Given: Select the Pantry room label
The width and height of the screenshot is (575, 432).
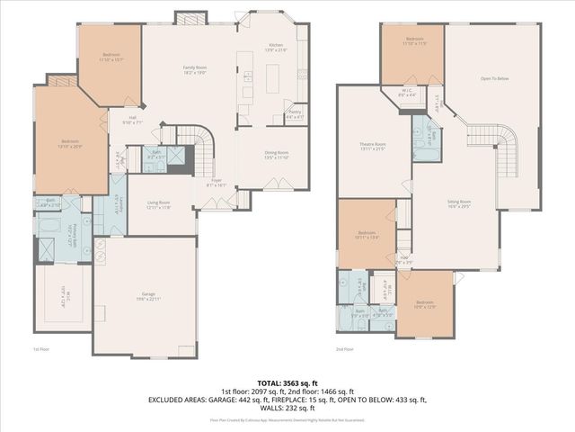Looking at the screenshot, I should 294,114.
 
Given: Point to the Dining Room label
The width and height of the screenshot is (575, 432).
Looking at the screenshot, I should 276,155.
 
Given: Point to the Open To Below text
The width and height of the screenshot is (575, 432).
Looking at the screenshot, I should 494,79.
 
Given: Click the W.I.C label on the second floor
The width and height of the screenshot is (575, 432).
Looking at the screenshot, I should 407,91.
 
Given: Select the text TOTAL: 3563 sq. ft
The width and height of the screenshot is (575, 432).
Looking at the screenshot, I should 287,382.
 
